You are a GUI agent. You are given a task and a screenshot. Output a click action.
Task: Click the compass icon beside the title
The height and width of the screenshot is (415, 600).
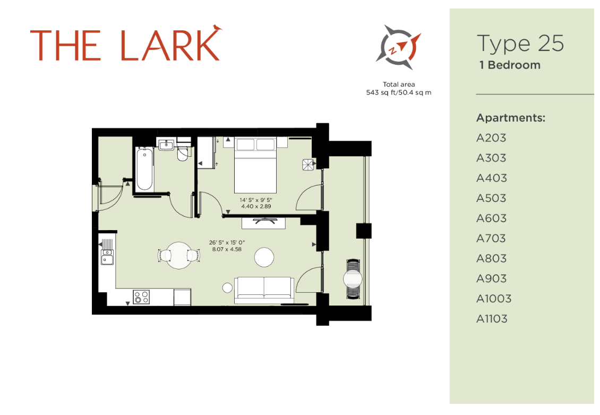[398, 47]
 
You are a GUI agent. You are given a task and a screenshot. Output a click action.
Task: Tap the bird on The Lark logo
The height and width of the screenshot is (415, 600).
[217, 27]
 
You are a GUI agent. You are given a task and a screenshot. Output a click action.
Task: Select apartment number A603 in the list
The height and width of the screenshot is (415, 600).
[491, 218]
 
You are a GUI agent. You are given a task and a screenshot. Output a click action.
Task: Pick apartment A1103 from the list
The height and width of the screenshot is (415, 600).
[492, 319]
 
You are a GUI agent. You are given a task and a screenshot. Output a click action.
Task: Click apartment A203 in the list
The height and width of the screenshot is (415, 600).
[491, 138]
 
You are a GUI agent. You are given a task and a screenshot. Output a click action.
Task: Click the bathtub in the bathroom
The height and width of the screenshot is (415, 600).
[145, 169]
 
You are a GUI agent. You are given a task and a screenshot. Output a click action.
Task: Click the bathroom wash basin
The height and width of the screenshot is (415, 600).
[167, 144]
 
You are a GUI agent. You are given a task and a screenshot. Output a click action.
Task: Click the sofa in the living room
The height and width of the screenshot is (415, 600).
[264, 290]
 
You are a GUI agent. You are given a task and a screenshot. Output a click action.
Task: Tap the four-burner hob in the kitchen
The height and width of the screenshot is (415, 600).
[141, 297]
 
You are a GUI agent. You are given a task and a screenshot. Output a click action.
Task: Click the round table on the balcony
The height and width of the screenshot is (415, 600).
[353, 278]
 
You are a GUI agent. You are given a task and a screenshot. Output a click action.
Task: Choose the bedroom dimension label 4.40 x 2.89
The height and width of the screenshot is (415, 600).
[255, 206]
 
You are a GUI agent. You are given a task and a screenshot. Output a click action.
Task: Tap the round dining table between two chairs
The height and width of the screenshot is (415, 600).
[179, 255]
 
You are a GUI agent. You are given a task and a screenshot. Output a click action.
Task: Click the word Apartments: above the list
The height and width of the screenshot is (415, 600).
[511, 118]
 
